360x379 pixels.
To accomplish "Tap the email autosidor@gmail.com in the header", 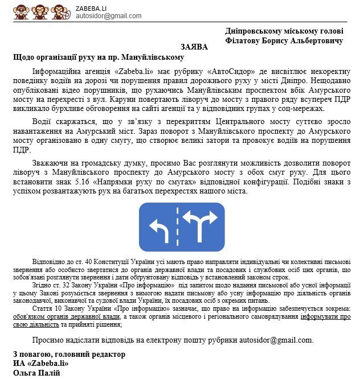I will tap(108, 16).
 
